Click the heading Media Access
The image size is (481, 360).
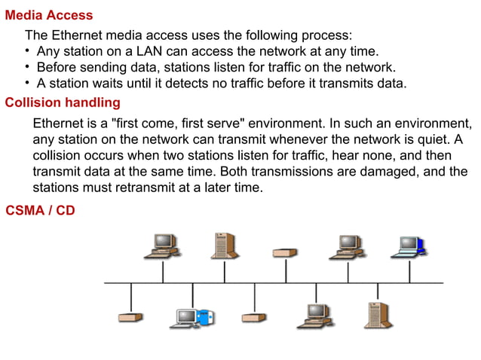[49, 15]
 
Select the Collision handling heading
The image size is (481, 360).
[63, 102]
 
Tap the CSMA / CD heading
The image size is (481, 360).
[40, 210]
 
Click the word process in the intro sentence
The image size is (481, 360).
[327, 35]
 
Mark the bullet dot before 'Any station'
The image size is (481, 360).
[27, 51]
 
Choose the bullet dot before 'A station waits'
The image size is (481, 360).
[27, 83]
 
